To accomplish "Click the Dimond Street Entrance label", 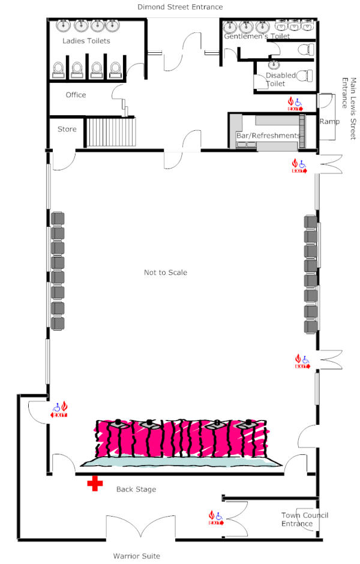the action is pos(180,7).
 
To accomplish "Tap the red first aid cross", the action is pos(95,484).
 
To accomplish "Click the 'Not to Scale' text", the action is pos(166,272).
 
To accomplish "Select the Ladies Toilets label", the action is pos(86,41).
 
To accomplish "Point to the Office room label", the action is pos(76,95).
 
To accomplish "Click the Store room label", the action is pos(67,129).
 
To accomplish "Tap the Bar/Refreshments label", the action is pos(268,136).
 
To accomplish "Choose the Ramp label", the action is pos(329,122).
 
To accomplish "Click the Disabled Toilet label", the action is pos(281,79).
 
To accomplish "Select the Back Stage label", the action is pos(136,489).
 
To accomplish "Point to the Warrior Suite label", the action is pos(137,556).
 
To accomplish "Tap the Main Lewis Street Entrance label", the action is pos(349,109).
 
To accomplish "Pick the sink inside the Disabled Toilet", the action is pos(274,65).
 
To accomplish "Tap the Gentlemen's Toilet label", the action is pos(257,36).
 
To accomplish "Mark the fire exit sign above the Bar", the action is pos(295,104).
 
